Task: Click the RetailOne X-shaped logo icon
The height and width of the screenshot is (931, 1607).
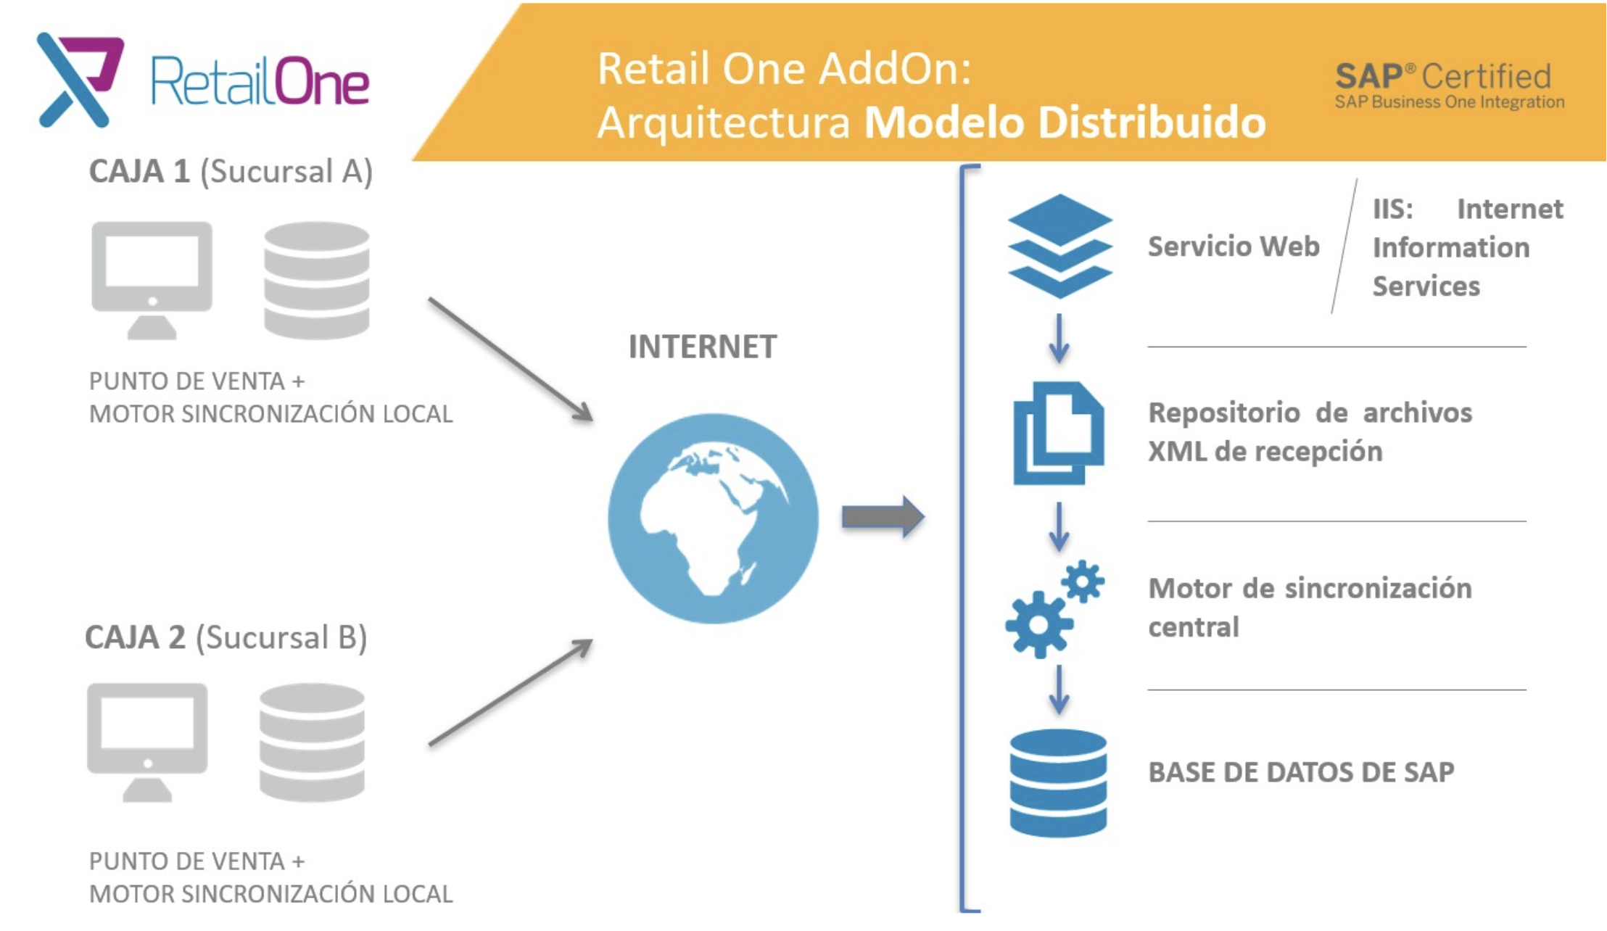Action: pyautogui.click(x=79, y=80)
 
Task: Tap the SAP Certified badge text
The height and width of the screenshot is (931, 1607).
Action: pyautogui.click(x=1449, y=86)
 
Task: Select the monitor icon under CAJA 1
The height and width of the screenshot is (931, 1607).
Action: pyautogui.click(x=152, y=280)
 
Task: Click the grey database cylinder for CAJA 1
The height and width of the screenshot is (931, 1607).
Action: pyautogui.click(x=317, y=280)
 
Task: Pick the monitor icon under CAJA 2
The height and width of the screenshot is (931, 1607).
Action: pyautogui.click(x=147, y=742)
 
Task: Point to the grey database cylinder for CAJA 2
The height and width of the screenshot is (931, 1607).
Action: pyautogui.click(x=312, y=742)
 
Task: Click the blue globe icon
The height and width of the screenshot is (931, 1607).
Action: pyautogui.click(x=713, y=518)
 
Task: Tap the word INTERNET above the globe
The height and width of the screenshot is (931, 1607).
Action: pyautogui.click(x=702, y=347)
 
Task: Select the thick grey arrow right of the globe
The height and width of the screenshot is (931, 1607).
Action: pyautogui.click(x=883, y=517)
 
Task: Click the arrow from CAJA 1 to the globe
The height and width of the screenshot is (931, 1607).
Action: pyautogui.click(x=511, y=359)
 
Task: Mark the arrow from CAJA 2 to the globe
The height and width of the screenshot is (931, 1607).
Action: pyautogui.click(x=511, y=692)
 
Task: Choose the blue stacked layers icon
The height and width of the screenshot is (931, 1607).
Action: pyautogui.click(x=1059, y=246)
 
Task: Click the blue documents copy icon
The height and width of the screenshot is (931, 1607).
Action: pyautogui.click(x=1059, y=433)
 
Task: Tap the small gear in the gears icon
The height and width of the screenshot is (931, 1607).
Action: pyautogui.click(x=1083, y=581)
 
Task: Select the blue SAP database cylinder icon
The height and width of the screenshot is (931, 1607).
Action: pyautogui.click(x=1058, y=783)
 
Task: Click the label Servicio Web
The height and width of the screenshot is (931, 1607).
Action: pyautogui.click(x=1234, y=247)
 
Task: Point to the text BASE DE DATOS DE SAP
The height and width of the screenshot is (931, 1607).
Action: pyautogui.click(x=1301, y=772)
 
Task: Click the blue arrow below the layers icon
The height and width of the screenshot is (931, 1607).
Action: pyautogui.click(x=1059, y=339)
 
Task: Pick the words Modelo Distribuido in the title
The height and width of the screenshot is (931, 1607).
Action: pyautogui.click(x=1065, y=122)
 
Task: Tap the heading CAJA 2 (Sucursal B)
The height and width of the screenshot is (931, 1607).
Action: pyautogui.click(x=226, y=637)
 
